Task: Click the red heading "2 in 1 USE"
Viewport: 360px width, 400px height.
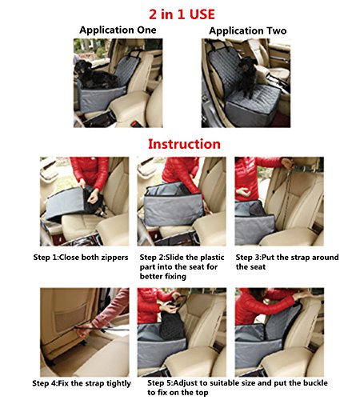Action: click(x=182, y=14)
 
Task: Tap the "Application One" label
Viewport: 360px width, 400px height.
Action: click(x=118, y=30)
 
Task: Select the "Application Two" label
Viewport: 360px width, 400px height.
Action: click(x=248, y=30)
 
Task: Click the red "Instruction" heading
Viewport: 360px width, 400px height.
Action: click(x=184, y=144)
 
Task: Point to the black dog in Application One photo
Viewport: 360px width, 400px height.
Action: click(x=94, y=75)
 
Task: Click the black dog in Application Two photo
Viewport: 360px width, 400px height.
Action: click(x=247, y=75)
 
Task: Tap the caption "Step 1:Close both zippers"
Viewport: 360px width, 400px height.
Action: click(x=81, y=258)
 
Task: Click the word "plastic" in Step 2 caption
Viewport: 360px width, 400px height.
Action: click(x=212, y=258)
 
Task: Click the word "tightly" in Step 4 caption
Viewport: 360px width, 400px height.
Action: click(x=118, y=383)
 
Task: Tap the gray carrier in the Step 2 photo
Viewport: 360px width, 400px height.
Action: click(x=174, y=206)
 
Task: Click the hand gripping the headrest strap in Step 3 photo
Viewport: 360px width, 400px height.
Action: click(x=288, y=163)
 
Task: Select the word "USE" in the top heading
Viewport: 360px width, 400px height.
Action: click(x=202, y=14)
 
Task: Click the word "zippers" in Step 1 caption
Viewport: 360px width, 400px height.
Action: click(x=114, y=258)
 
